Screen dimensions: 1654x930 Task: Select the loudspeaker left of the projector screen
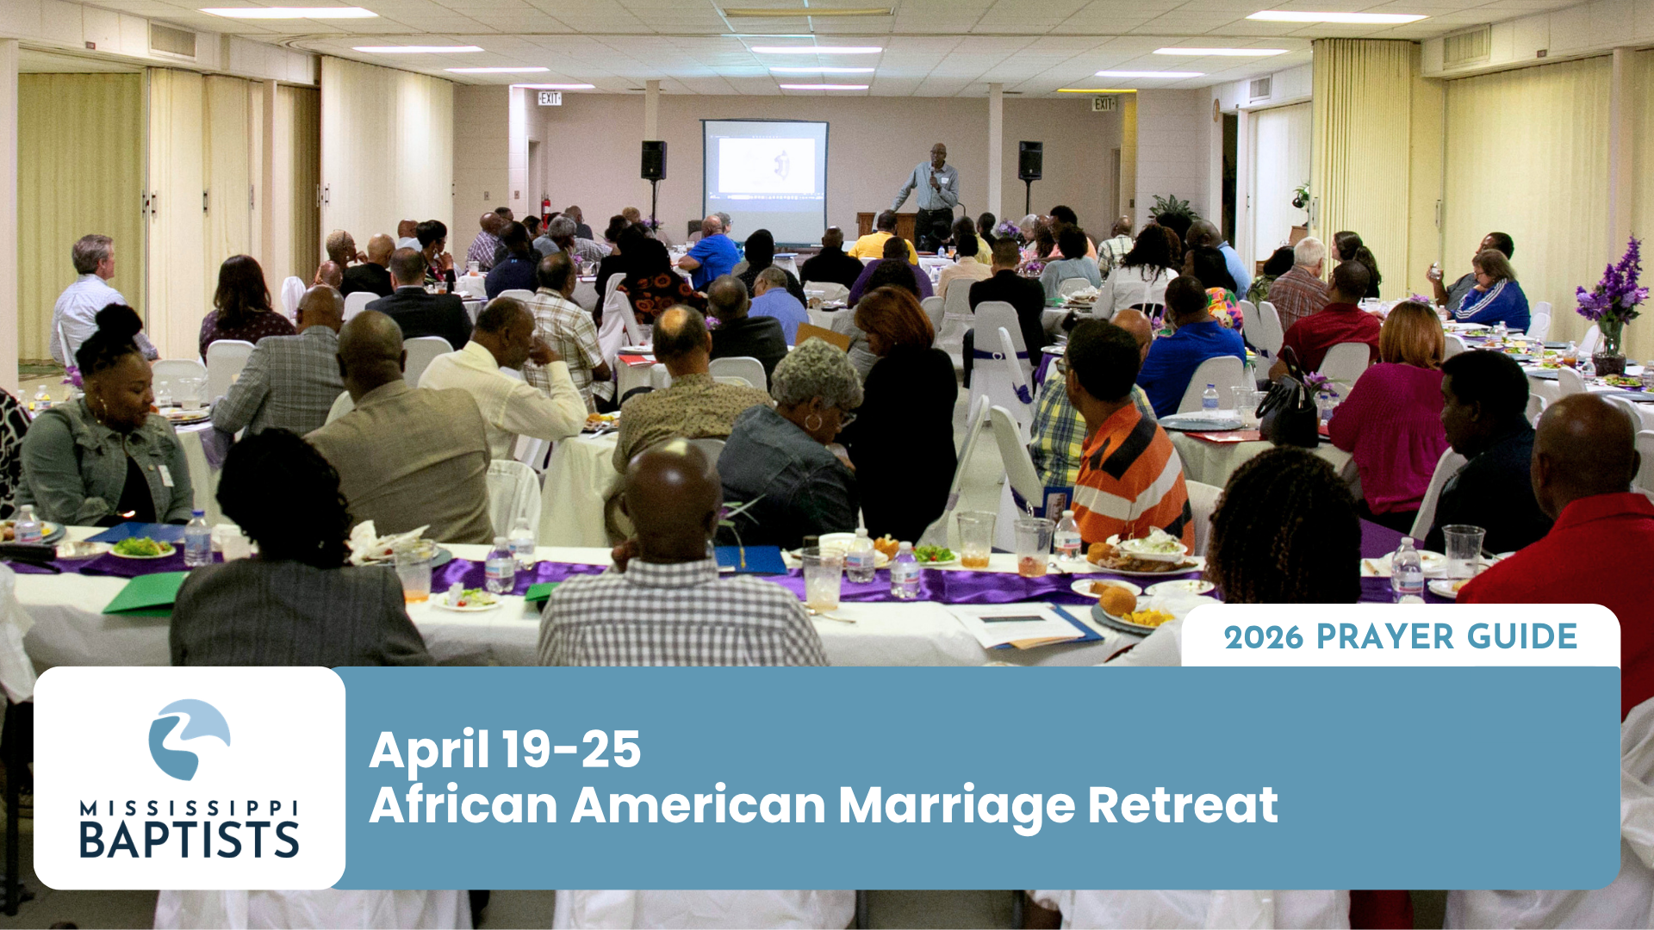[653, 160]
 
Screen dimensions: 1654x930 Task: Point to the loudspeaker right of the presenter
[1030, 160]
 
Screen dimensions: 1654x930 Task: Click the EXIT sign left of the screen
[550, 99]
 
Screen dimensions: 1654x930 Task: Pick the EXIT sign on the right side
[1104, 104]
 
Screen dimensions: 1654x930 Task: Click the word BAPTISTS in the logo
[190, 840]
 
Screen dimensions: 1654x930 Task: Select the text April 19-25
[505, 749]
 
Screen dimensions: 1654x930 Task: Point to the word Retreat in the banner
[1182, 805]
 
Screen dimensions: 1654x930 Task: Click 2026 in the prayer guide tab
[1264, 638]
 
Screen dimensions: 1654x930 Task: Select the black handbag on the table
[1287, 410]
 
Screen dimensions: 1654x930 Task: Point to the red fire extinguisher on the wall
[544, 211]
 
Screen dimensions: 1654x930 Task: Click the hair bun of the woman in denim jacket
[118, 324]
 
